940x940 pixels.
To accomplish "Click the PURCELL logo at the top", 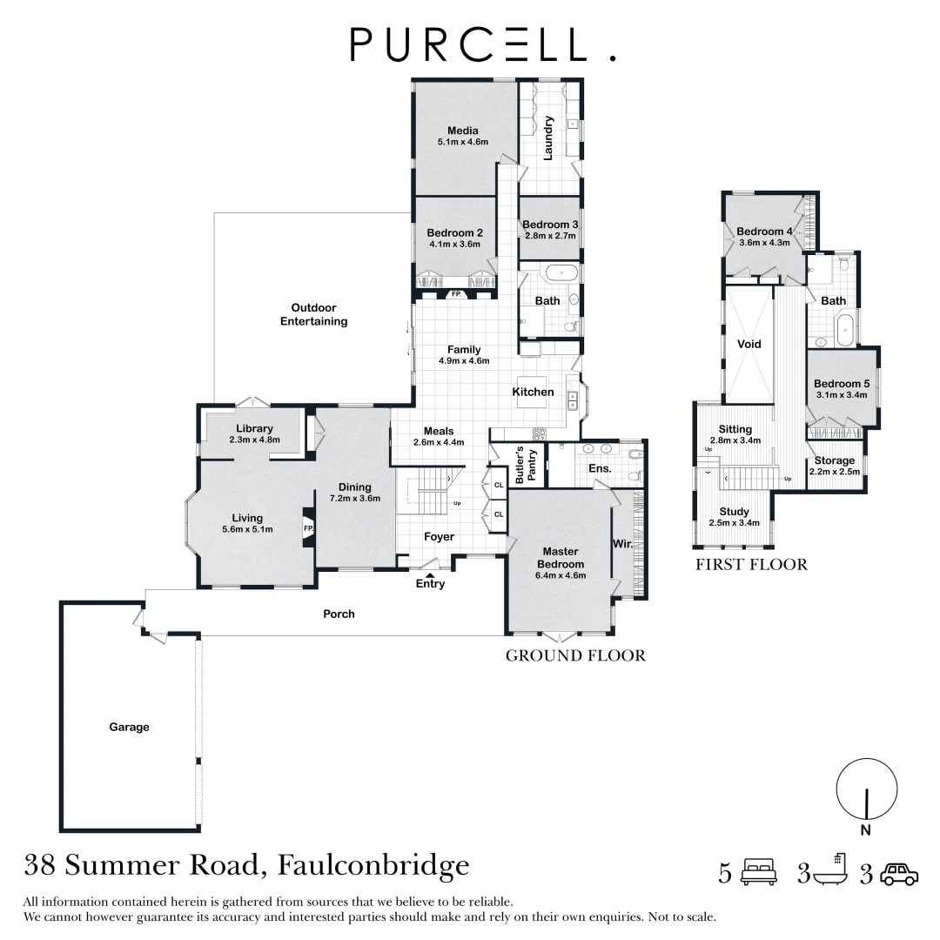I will (x=481, y=44).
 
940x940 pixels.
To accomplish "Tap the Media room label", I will (x=462, y=131).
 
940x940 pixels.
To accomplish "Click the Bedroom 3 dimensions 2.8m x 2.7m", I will (x=550, y=236).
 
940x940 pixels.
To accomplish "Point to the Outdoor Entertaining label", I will (x=313, y=314).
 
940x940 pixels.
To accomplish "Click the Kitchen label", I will (x=533, y=392).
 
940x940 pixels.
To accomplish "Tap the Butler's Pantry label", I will (x=527, y=465).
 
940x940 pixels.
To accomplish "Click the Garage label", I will (x=129, y=727).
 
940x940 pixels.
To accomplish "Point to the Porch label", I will (x=339, y=614).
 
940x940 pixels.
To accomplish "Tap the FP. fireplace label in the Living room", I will (x=308, y=527).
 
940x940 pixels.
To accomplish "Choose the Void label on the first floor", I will (x=749, y=344).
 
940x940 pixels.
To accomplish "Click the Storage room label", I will (x=834, y=460).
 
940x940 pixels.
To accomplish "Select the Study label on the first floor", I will (x=734, y=512).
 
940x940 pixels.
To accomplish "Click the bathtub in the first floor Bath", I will (x=843, y=330).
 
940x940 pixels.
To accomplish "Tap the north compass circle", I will (x=866, y=789).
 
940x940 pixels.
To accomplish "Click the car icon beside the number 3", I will (x=898, y=873).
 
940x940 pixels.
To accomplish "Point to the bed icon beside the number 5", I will (x=758, y=873).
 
